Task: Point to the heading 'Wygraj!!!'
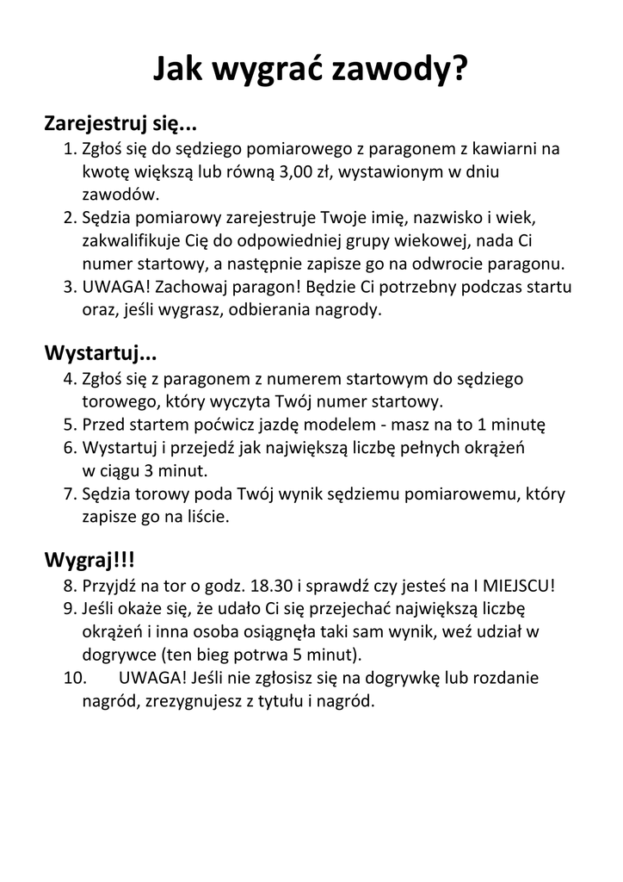coord(89,561)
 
